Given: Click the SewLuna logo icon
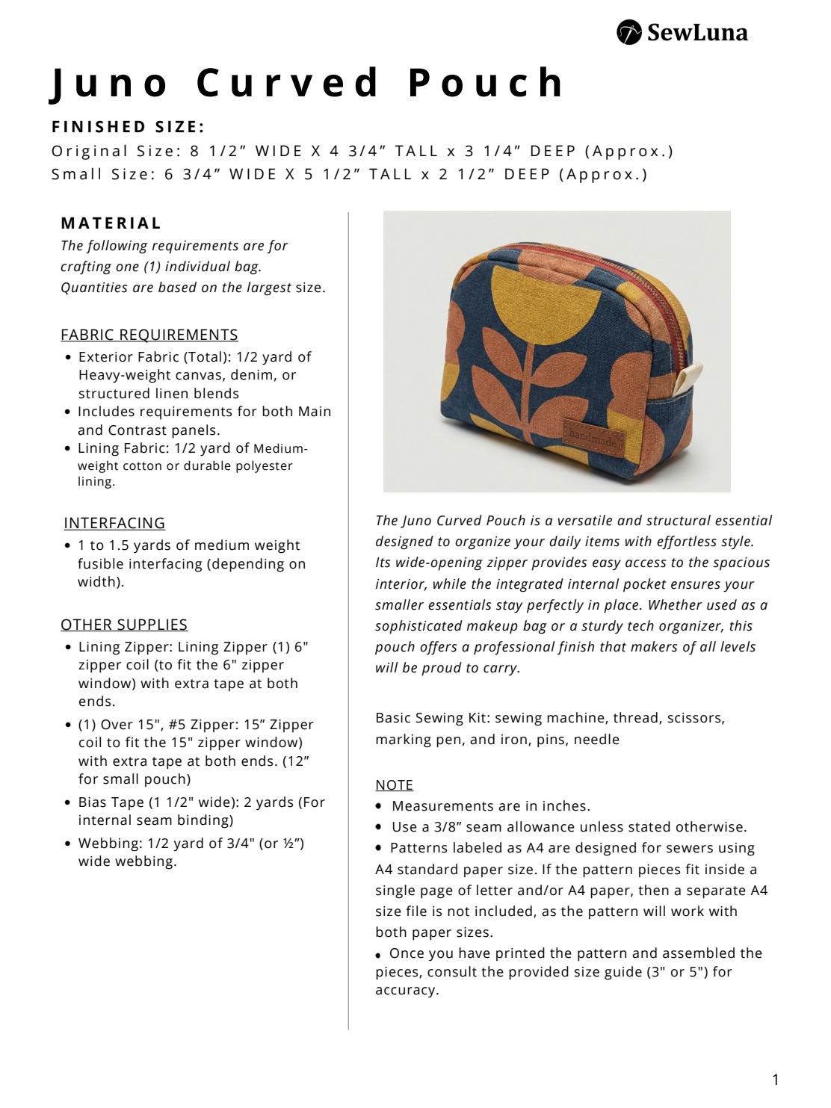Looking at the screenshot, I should [628, 32].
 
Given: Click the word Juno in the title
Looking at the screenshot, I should [110, 83].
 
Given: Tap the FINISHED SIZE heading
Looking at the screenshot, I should [129, 127].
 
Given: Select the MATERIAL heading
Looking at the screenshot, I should [111, 223].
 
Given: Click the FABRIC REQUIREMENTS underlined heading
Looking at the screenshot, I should [149, 335].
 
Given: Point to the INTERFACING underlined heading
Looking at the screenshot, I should [114, 523].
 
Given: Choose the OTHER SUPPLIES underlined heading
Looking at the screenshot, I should [124, 625].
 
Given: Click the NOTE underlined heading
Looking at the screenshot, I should [394, 785].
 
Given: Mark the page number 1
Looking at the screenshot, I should [776, 1080].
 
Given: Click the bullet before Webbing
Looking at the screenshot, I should [69, 844].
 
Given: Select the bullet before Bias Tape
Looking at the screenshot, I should [69, 803].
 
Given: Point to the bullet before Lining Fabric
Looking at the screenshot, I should [69, 449].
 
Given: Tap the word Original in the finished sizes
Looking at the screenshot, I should [90, 151].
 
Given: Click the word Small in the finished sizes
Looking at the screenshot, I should [77, 174].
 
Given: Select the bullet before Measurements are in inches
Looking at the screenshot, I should [379, 806].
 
